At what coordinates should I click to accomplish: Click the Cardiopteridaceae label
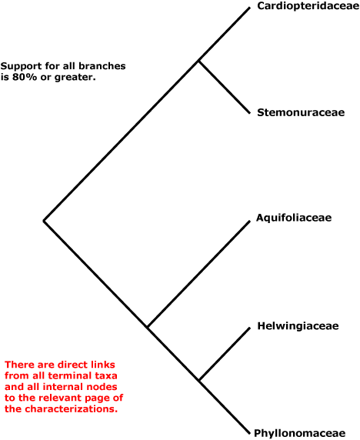[308, 6]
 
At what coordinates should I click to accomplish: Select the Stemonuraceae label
[301, 112]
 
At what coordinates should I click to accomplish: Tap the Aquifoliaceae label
[294, 218]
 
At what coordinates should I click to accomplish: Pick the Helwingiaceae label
[298, 326]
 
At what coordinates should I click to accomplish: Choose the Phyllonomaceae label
[299, 433]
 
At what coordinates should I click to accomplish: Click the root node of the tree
[44, 221]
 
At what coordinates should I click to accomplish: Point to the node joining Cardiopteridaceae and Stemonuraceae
[198, 61]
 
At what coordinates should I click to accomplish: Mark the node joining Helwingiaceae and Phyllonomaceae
[199, 380]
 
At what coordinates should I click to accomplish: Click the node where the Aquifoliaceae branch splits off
[148, 327]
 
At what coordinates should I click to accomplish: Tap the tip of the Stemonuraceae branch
[249, 113]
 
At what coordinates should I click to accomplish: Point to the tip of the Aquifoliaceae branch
[249, 222]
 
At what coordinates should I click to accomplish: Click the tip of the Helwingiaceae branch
[249, 328]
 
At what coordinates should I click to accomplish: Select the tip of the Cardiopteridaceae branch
[249, 8]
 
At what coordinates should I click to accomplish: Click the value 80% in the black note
[25, 77]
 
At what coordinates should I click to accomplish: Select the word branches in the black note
[102, 66]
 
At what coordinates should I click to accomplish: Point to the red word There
[18, 365]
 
